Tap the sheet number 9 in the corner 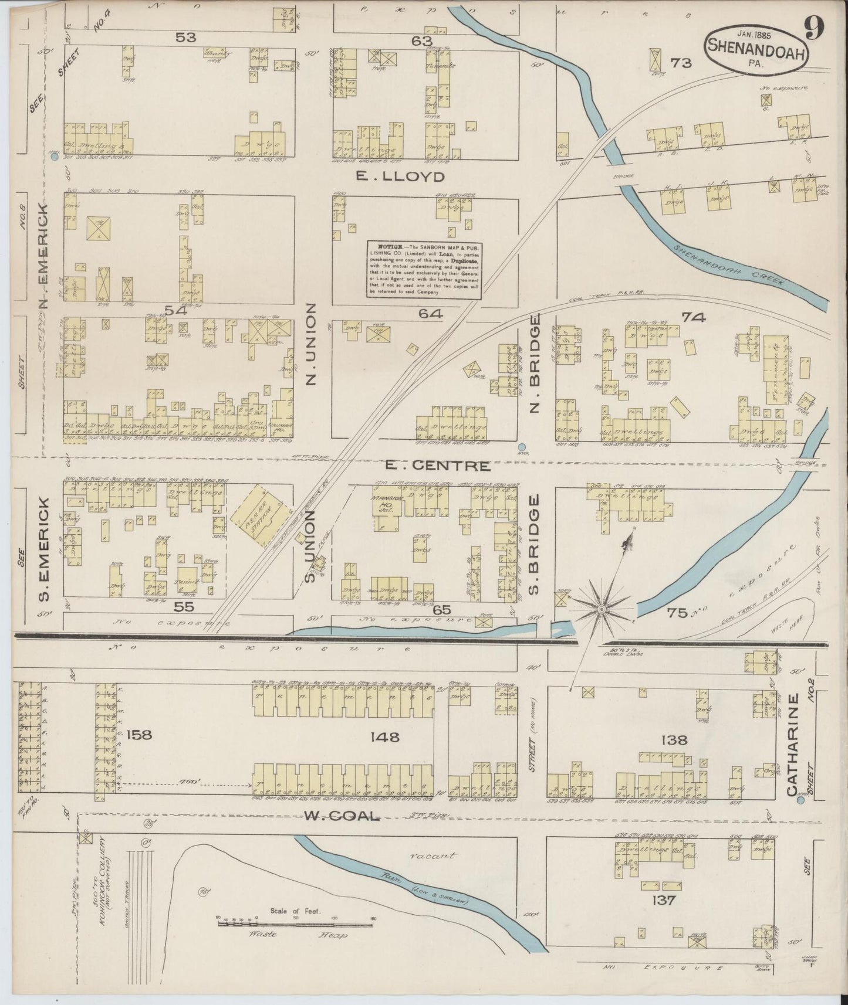pyautogui.click(x=815, y=28)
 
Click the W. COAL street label pyautogui.click(x=342, y=816)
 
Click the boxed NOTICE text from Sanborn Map pyautogui.click(x=424, y=269)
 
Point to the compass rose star pyautogui.click(x=602, y=610)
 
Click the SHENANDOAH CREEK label pyautogui.click(x=729, y=265)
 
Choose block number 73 pyautogui.click(x=681, y=63)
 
